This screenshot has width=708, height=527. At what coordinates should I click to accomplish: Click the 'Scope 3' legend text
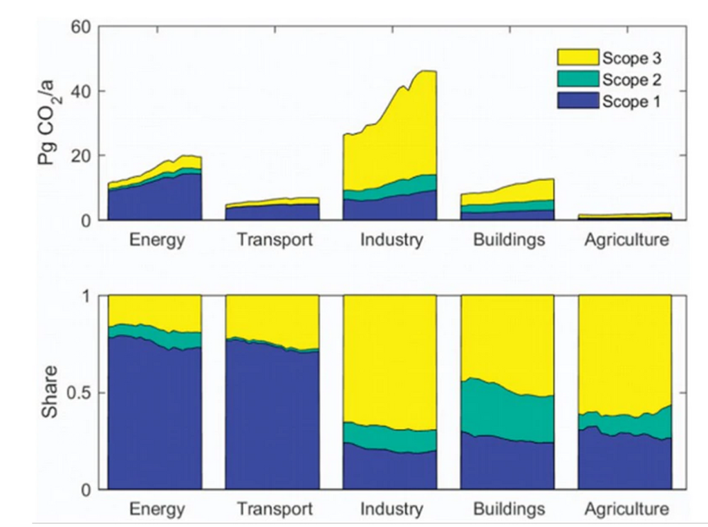point(631,57)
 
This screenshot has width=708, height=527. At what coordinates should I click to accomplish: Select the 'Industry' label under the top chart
point(391,241)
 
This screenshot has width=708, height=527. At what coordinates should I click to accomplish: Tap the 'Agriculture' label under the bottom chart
point(626,510)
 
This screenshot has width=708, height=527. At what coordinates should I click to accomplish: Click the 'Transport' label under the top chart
point(274,241)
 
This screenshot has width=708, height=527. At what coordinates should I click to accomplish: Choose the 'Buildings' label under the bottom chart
point(509,510)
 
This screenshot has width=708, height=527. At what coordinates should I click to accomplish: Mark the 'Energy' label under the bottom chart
point(157,510)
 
